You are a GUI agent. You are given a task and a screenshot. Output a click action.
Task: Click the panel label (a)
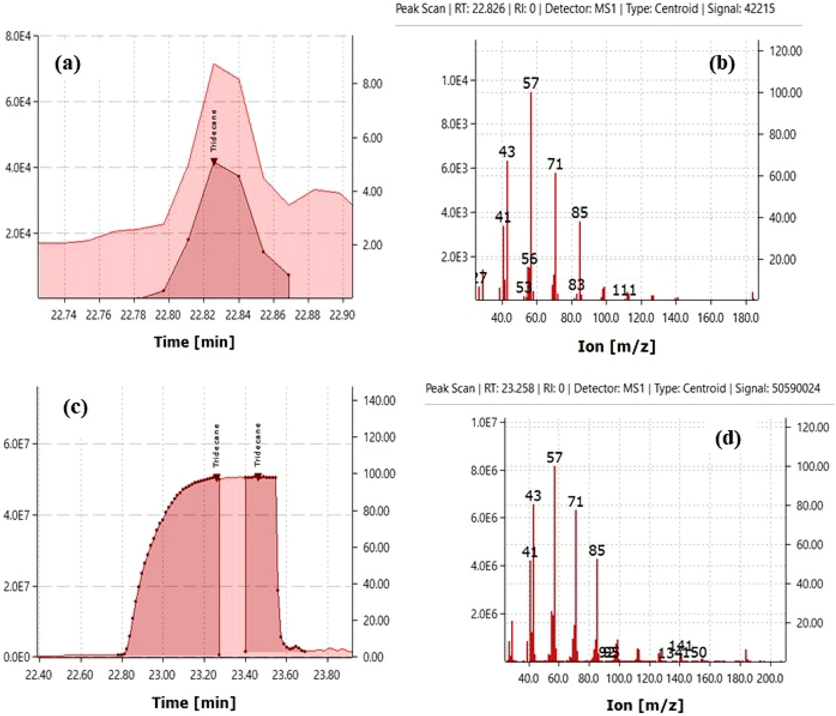[x=68, y=63]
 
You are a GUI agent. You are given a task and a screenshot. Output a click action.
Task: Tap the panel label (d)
[x=727, y=439]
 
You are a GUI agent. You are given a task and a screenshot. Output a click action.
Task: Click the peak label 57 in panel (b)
[x=531, y=84]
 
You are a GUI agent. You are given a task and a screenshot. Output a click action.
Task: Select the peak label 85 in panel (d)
[x=597, y=550]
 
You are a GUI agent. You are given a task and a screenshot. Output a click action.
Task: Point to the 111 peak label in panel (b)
[x=624, y=290]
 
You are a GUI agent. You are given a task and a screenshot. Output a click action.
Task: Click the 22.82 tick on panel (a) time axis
[x=203, y=315]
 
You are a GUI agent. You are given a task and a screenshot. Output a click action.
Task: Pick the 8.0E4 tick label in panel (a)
[x=18, y=36]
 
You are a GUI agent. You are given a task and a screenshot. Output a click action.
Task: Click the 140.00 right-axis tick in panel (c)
[x=379, y=401]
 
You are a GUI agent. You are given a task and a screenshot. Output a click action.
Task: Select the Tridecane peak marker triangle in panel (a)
[x=214, y=162]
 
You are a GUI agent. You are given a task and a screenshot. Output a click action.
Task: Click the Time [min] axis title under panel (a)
[x=194, y=341]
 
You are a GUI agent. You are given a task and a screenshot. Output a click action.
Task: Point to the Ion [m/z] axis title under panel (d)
[x=645, y=705]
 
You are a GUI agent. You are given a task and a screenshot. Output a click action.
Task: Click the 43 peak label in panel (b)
[x=507, y=152]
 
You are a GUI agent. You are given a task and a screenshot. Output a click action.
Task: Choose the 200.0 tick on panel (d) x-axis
[x=770, y=679]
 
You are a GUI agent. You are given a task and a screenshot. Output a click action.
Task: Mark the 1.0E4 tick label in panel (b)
[x=454, y=81]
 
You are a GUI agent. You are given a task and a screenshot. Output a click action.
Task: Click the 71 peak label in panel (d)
[x=575, y=502]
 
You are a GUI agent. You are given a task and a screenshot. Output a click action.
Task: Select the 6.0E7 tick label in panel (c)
[x=17, y=444]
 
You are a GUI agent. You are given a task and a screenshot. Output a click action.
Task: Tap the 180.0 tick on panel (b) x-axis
[x=745, y=318]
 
